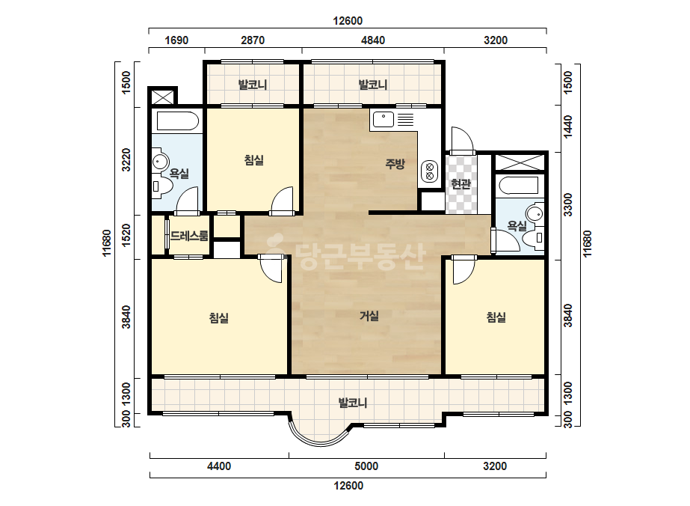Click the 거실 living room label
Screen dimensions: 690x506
point(369,316)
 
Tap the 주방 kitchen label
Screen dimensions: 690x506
point(395,164)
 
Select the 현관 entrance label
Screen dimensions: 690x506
point(460,184)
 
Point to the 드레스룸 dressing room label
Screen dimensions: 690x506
point(189,236)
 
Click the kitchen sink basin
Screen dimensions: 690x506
point(383,119)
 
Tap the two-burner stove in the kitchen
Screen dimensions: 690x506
point(430,171)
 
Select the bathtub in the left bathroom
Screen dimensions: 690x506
point(177,121)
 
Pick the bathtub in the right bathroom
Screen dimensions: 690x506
point(519,186)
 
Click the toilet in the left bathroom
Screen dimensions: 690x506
point(162,186)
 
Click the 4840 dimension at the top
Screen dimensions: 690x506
point(373,40)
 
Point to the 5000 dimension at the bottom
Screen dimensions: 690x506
point(366,466)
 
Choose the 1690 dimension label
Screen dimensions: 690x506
point(176,40)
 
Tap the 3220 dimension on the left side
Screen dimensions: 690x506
point(126,160)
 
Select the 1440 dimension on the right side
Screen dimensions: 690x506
point(567,127)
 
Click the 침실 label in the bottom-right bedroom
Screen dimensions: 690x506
point(496,317)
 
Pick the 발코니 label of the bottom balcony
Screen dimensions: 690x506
point(353,403)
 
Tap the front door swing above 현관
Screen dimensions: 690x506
point(461,140)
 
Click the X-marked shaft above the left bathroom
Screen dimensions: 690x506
point(162,97)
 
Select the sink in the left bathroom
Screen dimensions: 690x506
point(160,162)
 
